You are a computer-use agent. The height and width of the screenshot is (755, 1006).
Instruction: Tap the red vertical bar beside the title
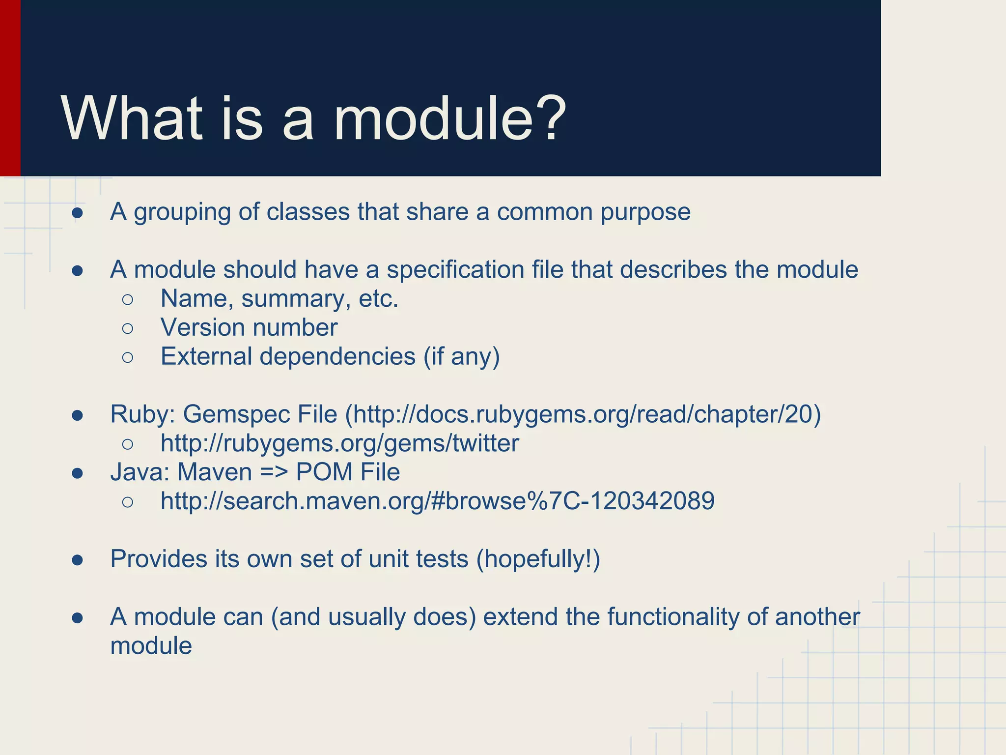pyautogui.click(x=10, y=88)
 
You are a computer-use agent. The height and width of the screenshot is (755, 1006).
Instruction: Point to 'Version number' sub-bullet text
pyautogui.click(x=249, y=327)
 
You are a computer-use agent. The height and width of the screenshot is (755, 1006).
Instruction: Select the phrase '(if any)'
pyautogui.click(x=461, y=356)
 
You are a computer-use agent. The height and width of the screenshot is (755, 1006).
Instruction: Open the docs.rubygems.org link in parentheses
pyautogui.click(x=583, y=414)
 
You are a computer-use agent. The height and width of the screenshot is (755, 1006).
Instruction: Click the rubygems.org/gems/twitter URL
pyautogui.click(x=339, y=443)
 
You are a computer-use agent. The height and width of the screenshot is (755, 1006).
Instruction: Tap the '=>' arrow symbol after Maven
pyautogui.click(x=274, y=472)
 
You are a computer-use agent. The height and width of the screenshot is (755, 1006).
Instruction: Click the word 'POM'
pyautogui.click(x=324, y=472)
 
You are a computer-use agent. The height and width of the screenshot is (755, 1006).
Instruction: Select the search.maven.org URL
pyautogui.click(x=437, y=501)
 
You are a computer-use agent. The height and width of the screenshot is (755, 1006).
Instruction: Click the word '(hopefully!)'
pyautogui.click(x=538, y=559)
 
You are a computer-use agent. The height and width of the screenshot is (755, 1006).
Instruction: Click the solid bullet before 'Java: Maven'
pyautogui.click(x=77, y=473)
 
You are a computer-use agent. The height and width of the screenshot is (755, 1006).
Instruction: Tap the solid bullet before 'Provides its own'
pyautogui.click(x=77, y=560)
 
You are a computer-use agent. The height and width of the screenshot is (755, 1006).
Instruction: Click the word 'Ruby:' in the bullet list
pyautogui.click(x=142, y=414)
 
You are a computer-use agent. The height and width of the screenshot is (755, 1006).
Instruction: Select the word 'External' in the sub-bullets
pyautogui.click(x=206, y=356)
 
